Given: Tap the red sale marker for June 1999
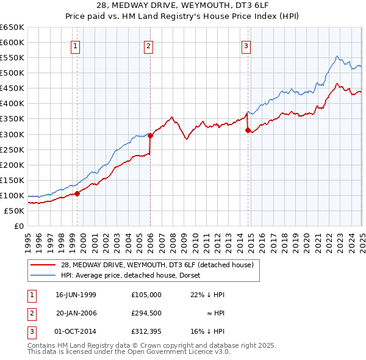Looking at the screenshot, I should click(x=77, y=193).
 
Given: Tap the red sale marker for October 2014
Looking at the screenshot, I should click(x=248, y=130).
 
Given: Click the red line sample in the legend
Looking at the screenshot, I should click(x=43, y=264).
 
